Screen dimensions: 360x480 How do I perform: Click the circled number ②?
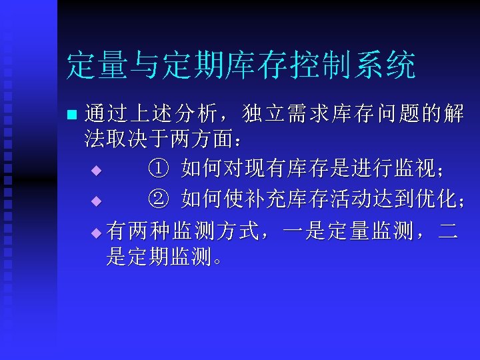tap(155, 199)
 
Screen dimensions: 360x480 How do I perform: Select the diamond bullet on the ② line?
tap(95, 200)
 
